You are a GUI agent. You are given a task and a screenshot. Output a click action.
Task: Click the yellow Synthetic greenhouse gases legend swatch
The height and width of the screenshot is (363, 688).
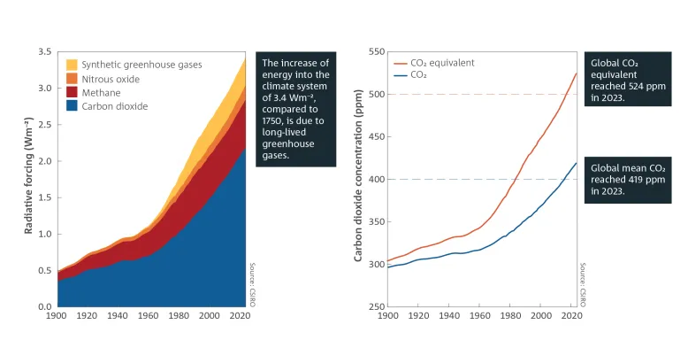(72, 65)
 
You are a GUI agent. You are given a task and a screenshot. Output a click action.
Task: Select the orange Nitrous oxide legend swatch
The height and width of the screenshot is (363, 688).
(72, 79)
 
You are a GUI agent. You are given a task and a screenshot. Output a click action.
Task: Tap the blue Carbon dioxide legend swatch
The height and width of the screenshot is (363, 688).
(72, 106)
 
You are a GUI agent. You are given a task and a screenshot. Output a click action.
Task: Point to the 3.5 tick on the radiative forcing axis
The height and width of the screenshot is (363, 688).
(46, 52)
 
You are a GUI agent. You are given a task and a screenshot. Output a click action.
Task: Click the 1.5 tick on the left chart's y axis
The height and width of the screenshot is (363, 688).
(46, 197)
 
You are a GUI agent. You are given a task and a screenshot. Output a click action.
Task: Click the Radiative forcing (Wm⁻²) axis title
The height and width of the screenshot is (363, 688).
(29, 180)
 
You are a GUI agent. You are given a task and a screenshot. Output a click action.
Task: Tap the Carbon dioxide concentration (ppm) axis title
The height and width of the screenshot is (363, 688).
(358, 180)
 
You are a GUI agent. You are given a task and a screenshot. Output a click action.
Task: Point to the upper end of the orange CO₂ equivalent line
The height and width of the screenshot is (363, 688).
(576, 73)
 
